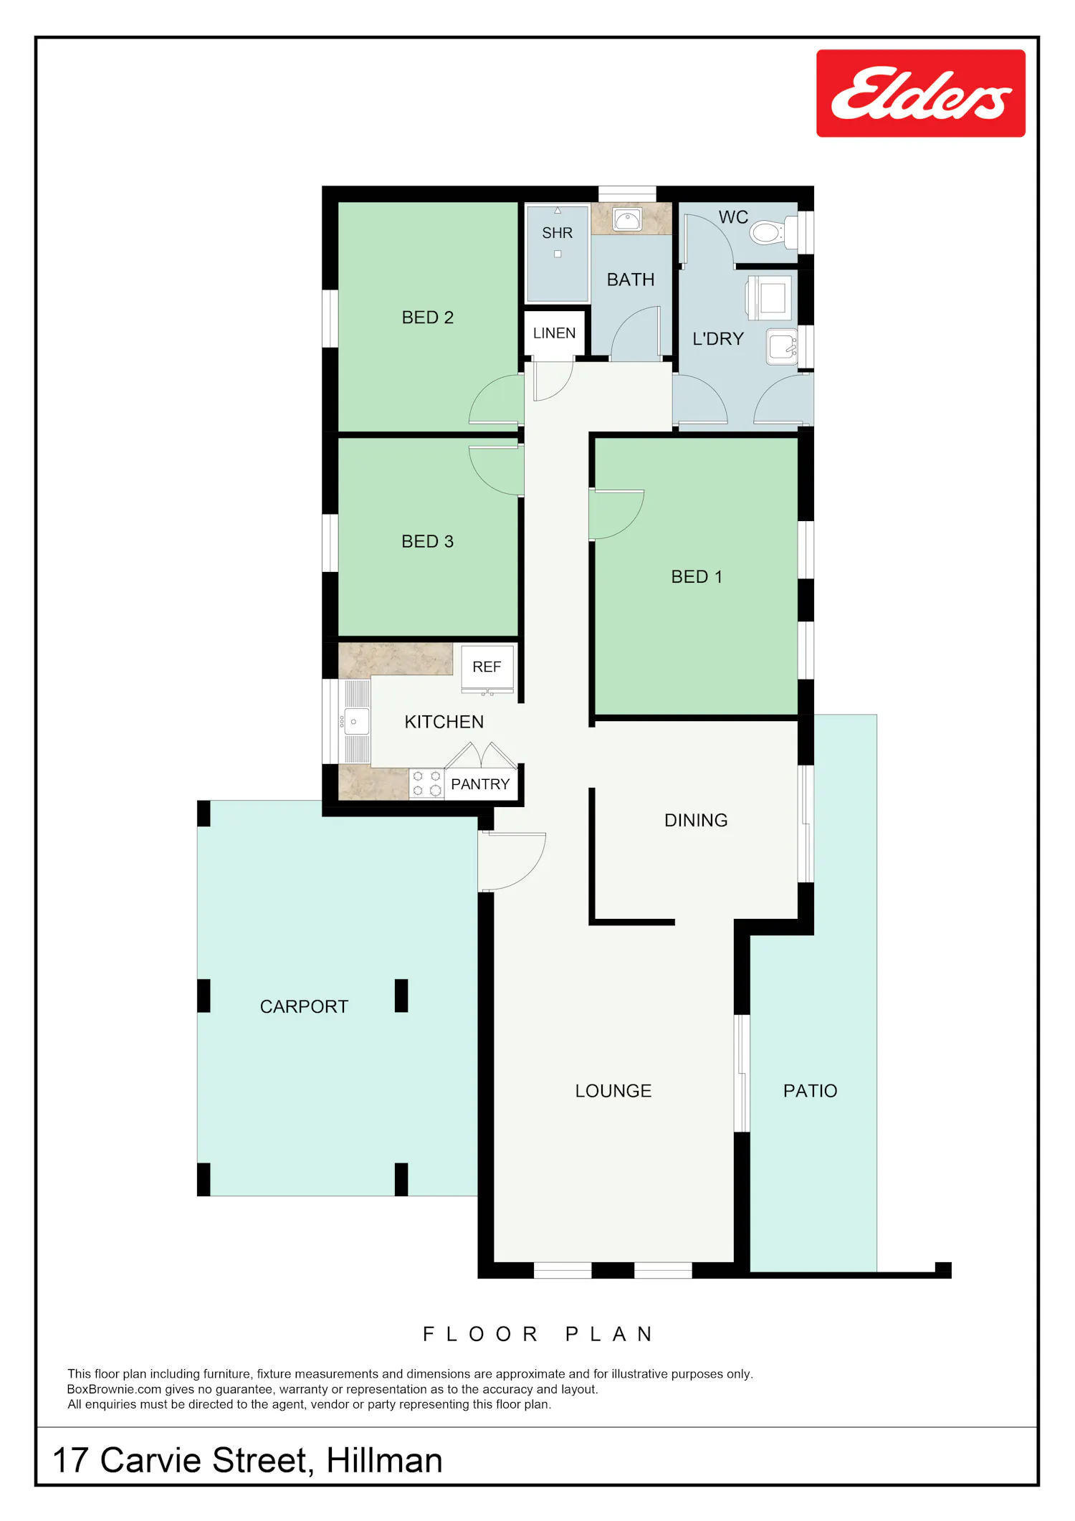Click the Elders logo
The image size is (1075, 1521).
[921, 93]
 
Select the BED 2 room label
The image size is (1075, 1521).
[428, 318]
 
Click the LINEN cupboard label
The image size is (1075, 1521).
[554, 333]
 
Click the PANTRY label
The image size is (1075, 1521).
[480, 784]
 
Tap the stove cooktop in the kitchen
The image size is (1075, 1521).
[426, 783]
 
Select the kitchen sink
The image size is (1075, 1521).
[355, 722]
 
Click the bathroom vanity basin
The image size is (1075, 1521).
[628, 220]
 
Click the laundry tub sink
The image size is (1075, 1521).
[782, 347]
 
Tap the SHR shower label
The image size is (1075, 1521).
[558, 233]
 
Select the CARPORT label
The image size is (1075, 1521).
[304, 1006]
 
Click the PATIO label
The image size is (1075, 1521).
[810, 1091]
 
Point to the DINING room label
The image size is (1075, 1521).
[696, 820]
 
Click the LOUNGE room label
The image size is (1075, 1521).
[613, 1091]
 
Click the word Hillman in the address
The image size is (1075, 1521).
[384, 1461]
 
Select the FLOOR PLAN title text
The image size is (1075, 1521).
[537, 1334]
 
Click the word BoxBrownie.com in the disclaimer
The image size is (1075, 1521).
[115, 1389]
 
